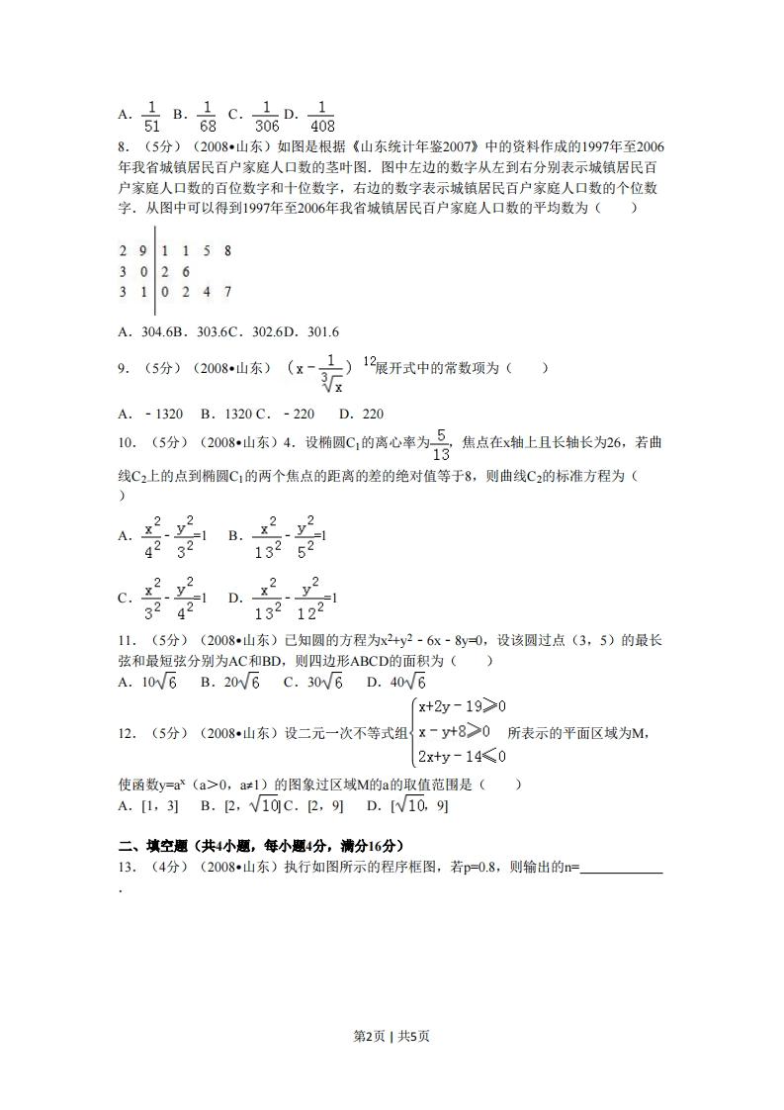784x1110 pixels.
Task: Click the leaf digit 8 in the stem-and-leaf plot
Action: point(227,251)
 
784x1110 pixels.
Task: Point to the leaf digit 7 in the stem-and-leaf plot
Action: point(227,292)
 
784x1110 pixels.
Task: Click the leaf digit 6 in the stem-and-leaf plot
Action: point(186,271)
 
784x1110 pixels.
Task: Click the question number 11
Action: point(126,641)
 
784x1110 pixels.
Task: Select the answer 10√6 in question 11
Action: point(158,683)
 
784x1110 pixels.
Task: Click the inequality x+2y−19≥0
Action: point(462,706)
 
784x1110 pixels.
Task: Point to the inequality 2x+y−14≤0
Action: point(462,756)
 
